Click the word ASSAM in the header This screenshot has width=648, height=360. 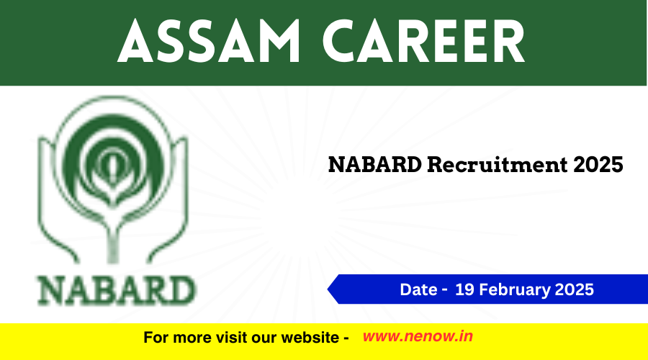(x=209, y=40)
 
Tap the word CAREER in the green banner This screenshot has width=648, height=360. (x=424, y=40)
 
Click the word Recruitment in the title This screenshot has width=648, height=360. (x=497, y=164)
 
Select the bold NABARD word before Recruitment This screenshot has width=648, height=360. (x=375, y=164)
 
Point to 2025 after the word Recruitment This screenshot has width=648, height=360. (x=598, y=164)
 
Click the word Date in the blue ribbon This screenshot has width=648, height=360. (x=418, y=289)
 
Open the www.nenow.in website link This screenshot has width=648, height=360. (x=418, y=336)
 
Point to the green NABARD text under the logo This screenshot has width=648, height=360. (x=117, y=291)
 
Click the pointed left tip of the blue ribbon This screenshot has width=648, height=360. (x=328, y=289)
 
